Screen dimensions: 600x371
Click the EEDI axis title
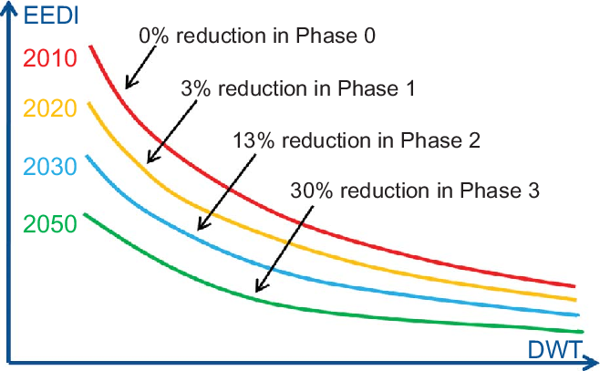(x=51, y=15)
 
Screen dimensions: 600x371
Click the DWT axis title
(x=554, y=349)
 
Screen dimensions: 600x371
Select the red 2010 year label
(x=50, y=58)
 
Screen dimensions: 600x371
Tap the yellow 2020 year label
(x=50, y=108)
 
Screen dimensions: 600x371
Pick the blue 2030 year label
(x=50, y=167)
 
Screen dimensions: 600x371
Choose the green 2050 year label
(x=50, y=224)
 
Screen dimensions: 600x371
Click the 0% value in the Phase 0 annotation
(x=153, y=36)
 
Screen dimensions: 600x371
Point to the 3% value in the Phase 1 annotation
(x=195, y=88)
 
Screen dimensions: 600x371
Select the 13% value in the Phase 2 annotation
(x=253, y=140)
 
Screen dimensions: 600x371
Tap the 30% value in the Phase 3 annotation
(x=312, y=191)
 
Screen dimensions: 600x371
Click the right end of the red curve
(x=574, y=285)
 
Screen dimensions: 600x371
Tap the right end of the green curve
(x=583, y=332)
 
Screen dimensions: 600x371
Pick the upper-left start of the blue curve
(x=87, y=156)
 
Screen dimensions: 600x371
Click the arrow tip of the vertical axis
(x=8, y=3)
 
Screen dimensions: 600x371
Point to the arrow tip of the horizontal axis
(x=597, y=362)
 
